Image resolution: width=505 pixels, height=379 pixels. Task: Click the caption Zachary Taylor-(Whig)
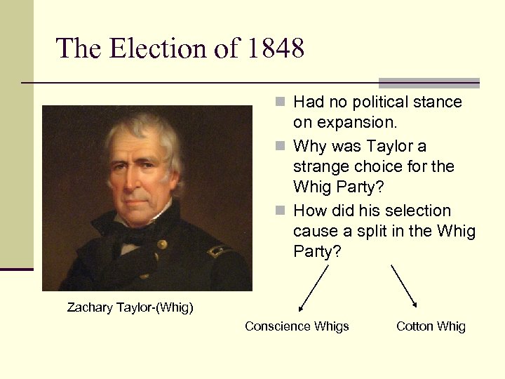(x=130, y=307)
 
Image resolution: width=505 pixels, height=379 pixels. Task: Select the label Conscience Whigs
(x=297, y=326)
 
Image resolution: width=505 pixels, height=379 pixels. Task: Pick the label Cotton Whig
(x=431, y=326)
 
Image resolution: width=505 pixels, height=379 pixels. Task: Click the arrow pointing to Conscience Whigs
(x=314, y=287)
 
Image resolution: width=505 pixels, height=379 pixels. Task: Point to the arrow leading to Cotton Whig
(x=404, y=286)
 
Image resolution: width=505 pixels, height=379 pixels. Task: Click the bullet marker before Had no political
(x=279, y=102)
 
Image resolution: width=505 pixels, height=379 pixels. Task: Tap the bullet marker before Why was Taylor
(x=279, y=147)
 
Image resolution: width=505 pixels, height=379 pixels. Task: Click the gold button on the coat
(x=162, y=244)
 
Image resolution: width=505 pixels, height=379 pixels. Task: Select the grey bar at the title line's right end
(x=429, y=82)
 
